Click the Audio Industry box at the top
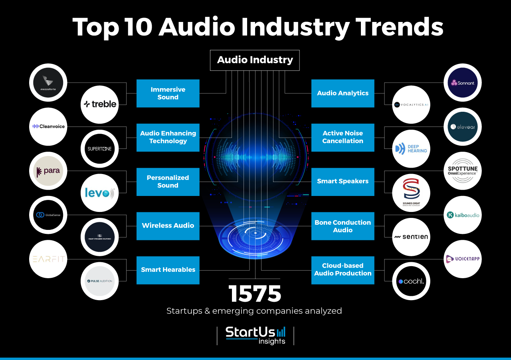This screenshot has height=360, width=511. point(255,60)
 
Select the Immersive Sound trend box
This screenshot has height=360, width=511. point(168,93)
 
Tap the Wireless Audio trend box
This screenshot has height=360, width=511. point(168,226)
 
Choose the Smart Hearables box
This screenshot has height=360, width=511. point(168,270)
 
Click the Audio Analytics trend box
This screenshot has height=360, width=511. point(343,93)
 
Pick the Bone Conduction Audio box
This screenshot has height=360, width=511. point(343,226)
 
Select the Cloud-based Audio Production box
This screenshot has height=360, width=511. point(343,270)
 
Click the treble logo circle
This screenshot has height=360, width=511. point(100,104)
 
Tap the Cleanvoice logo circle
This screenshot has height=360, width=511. point(48,127)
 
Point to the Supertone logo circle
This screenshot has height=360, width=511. point(100,149)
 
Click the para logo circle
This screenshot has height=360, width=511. point(48,171)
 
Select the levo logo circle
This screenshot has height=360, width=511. point(100,193)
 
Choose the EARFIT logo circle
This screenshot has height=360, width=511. point(48,259)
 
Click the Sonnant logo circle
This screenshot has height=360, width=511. point(463,83)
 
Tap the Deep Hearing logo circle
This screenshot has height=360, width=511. point(411,149)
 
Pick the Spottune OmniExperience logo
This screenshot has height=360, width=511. point(463,171)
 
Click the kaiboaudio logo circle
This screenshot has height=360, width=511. point(463,215)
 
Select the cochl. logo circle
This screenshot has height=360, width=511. point(411,281)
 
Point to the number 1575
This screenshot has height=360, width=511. point(255,294)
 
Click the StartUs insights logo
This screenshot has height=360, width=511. point(255,335)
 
